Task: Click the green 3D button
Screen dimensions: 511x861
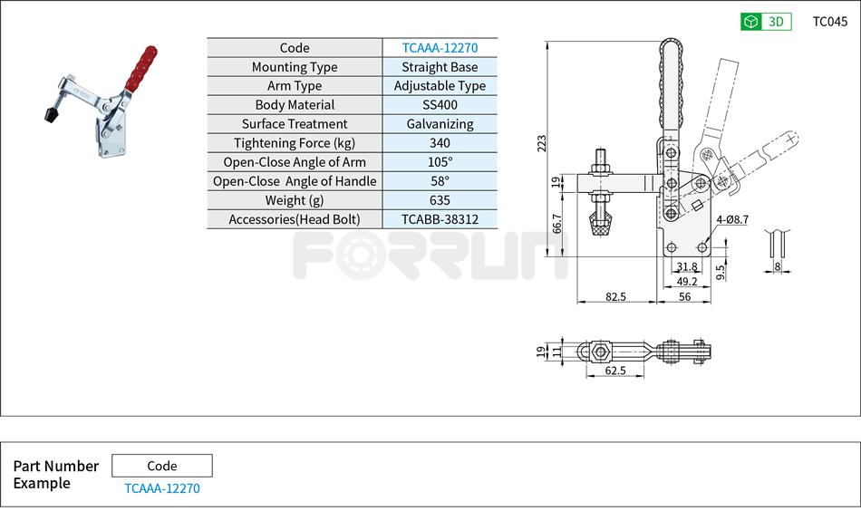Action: coord(766,22)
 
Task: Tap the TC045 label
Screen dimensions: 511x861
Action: coord(829,22)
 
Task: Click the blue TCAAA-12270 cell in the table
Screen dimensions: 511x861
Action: coord(440,48)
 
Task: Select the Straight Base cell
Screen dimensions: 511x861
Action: coord(440,67)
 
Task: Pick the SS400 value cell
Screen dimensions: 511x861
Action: coord(440,105)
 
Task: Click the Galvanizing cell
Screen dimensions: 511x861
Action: coord(440,124)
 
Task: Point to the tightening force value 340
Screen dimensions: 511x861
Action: coord(440,143)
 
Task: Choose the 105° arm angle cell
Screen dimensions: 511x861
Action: coord(440,162)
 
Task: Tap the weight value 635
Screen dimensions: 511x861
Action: coord(440,200)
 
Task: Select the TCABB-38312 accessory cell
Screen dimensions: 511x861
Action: coord(440,219)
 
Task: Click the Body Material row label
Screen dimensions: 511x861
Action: coord(295,105)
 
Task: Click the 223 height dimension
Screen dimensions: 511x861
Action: coord(542,143)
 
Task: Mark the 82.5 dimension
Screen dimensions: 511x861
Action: coord(617,296)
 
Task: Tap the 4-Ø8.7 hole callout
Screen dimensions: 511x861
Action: coord(731,219)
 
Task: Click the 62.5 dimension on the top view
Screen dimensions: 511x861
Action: coord(615,371)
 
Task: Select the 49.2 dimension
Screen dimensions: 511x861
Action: coord(687,281)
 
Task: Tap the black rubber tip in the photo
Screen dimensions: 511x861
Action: coord(50,115)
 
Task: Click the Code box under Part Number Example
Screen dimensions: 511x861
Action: coord(162,466)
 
